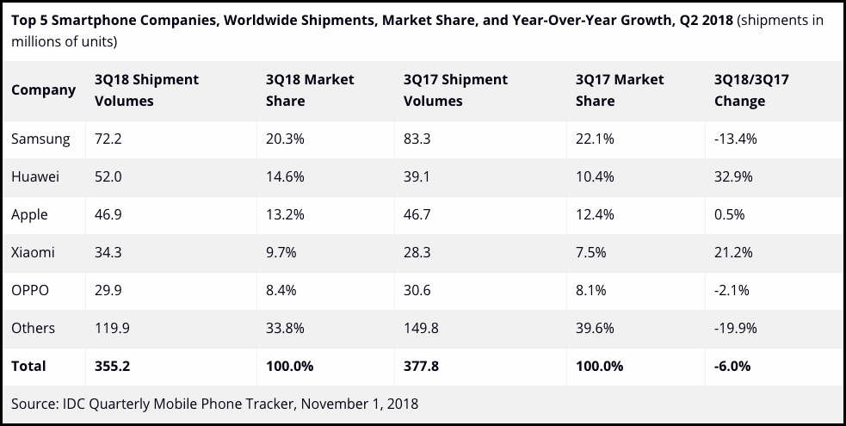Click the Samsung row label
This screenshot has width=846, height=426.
(x=40, y=139)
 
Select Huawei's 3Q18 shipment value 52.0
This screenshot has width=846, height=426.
(x=108, y=176)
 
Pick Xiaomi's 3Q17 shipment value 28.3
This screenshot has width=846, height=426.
(x=417, y=252)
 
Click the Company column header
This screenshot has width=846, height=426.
(x=43, y=90)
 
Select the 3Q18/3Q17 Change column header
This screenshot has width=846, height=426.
(x=751, y=90)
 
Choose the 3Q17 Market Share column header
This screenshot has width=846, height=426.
(x=619, y=90)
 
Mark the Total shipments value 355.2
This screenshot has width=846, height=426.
(x=112, y=366)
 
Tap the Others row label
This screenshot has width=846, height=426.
(x=34, y=328)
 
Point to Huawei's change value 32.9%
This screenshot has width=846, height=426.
(x=733, y=176)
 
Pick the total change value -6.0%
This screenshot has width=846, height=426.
(x=732, y=366)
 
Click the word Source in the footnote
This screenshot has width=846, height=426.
(x=32, y=402)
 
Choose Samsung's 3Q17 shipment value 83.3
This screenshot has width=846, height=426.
(x=418, y=139)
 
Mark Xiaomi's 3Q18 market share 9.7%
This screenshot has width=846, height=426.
(x=281, y=252)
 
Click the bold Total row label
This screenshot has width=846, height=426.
(x=28, y=366)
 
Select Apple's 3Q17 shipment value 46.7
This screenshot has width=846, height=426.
(x=418, y=214)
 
